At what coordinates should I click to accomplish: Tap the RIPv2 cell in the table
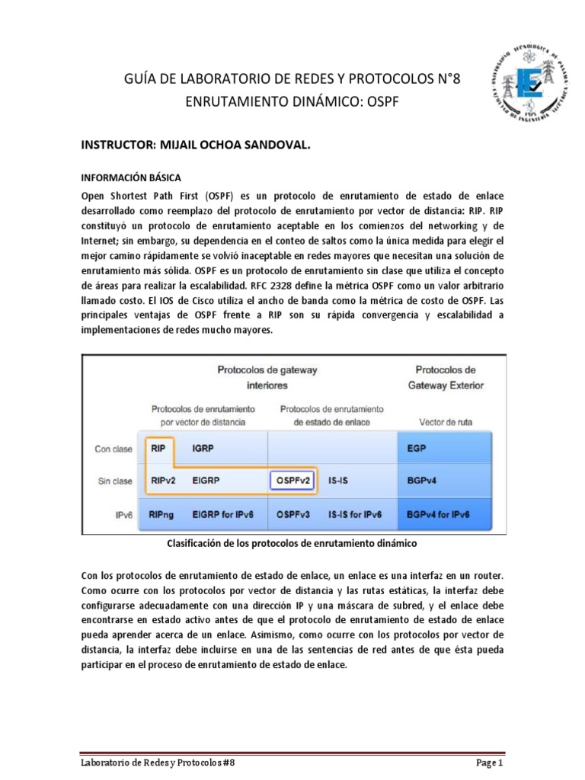pos(163,481)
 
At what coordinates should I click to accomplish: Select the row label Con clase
pos(113,449)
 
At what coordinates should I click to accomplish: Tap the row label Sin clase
pos(113,481)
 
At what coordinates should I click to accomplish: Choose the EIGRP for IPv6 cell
pos(223,515)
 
